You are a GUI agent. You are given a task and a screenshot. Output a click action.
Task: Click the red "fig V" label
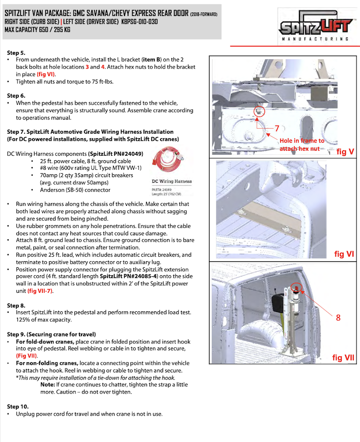point(345,151)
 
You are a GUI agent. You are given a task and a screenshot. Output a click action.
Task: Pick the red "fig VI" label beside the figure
point(344,254)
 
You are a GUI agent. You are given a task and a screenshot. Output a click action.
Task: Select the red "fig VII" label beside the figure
point(343,357)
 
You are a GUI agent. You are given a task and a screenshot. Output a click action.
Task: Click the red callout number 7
point(276,129)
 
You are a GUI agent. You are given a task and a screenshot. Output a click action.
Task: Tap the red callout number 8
point(338,317)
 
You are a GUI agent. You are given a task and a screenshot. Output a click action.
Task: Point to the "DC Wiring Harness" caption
point(171,181)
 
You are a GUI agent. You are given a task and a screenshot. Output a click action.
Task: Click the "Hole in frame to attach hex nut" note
point(301,145)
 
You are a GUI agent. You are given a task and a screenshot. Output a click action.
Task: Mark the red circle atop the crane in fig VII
point(296,288)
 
